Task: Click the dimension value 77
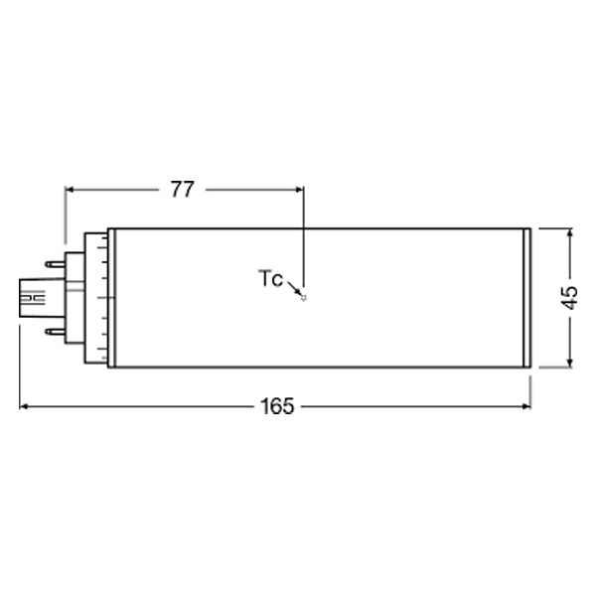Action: pyautogui.click(x=183, y=189)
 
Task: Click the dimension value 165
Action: pyautogui.click(x=277, y=406)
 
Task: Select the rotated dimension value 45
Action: pyautogui.click(x=570, y=298)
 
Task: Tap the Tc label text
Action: pyautogui.click(x=270, y=278)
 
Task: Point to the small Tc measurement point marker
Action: pyautogui.click(x=303, y=298)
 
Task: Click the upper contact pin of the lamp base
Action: pyautogui.click(x=56, y=264)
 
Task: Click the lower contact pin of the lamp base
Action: pyautogui.click(x=56, y=332)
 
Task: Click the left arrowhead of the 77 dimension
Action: pyautogui.click(x=70, y=189)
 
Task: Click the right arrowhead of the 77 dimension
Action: pyautogui.click(x=300, y=189)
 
